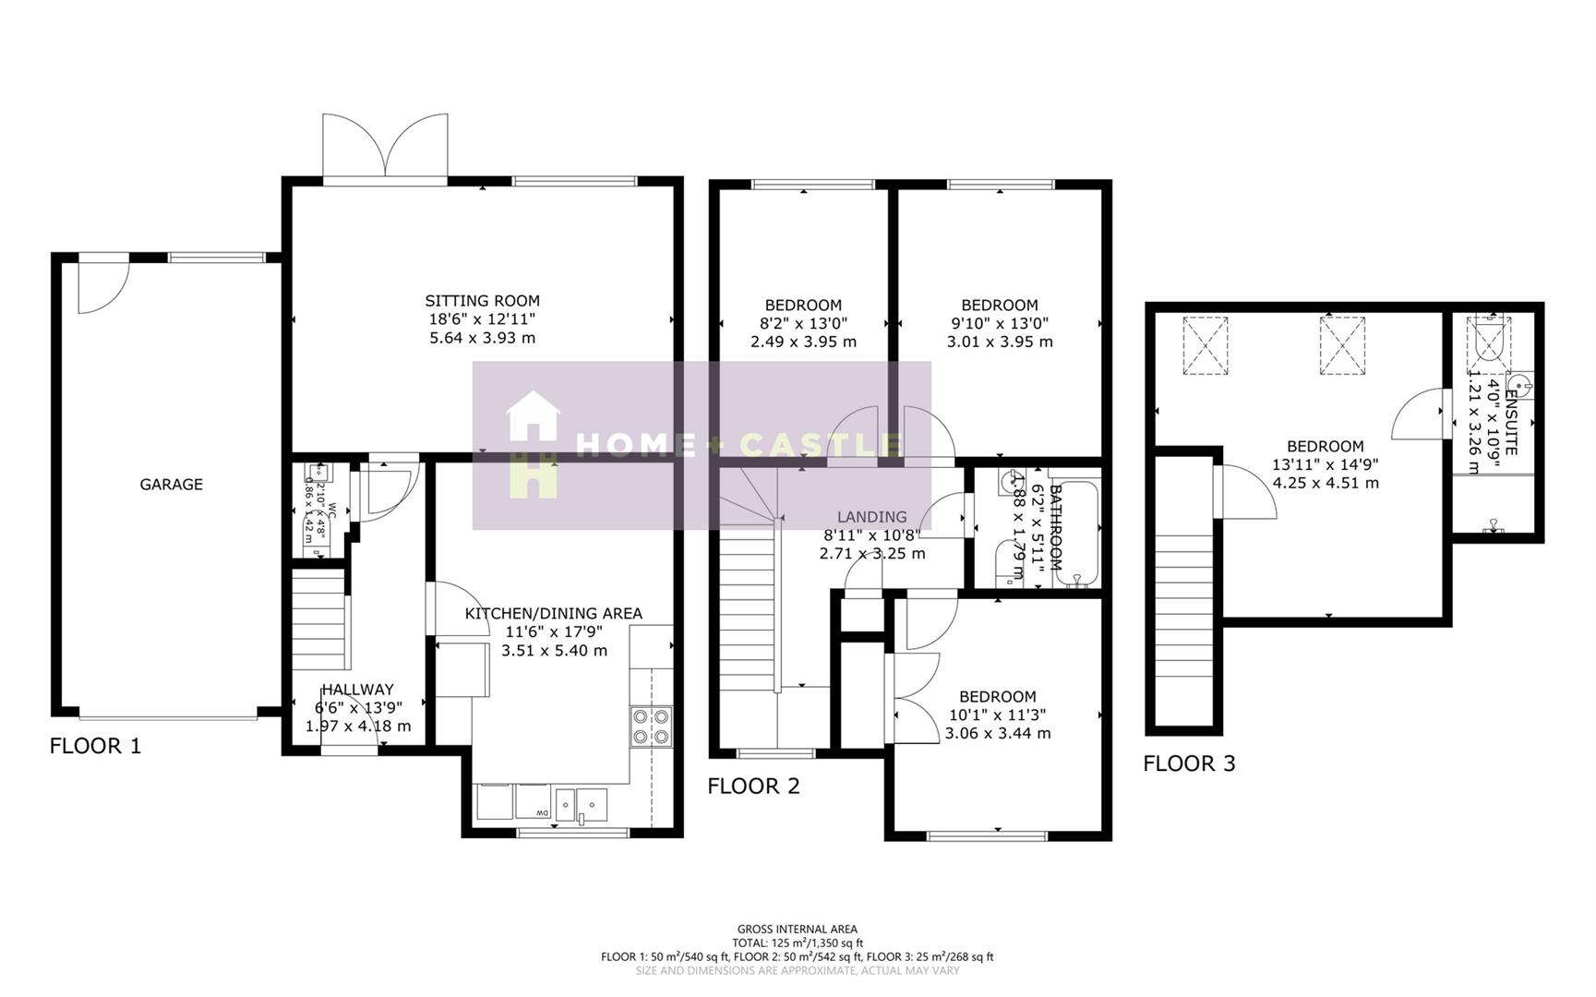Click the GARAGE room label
pos(171,485)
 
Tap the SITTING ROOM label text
pos(482,301)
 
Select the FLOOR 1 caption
pos(95,746)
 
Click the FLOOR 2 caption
pos(753,787)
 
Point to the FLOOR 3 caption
pos(1189,763)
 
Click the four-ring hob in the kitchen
pos(651,727)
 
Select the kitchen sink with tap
pos(582,804)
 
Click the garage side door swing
pos(100,286)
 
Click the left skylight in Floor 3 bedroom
pos(1206,345)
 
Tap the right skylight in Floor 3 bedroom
pos(1341,345)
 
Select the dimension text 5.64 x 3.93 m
pos(482,338)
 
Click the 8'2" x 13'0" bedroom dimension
pos(803,323)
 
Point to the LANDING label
pos(871,517)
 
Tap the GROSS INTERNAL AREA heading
pos(797,930)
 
